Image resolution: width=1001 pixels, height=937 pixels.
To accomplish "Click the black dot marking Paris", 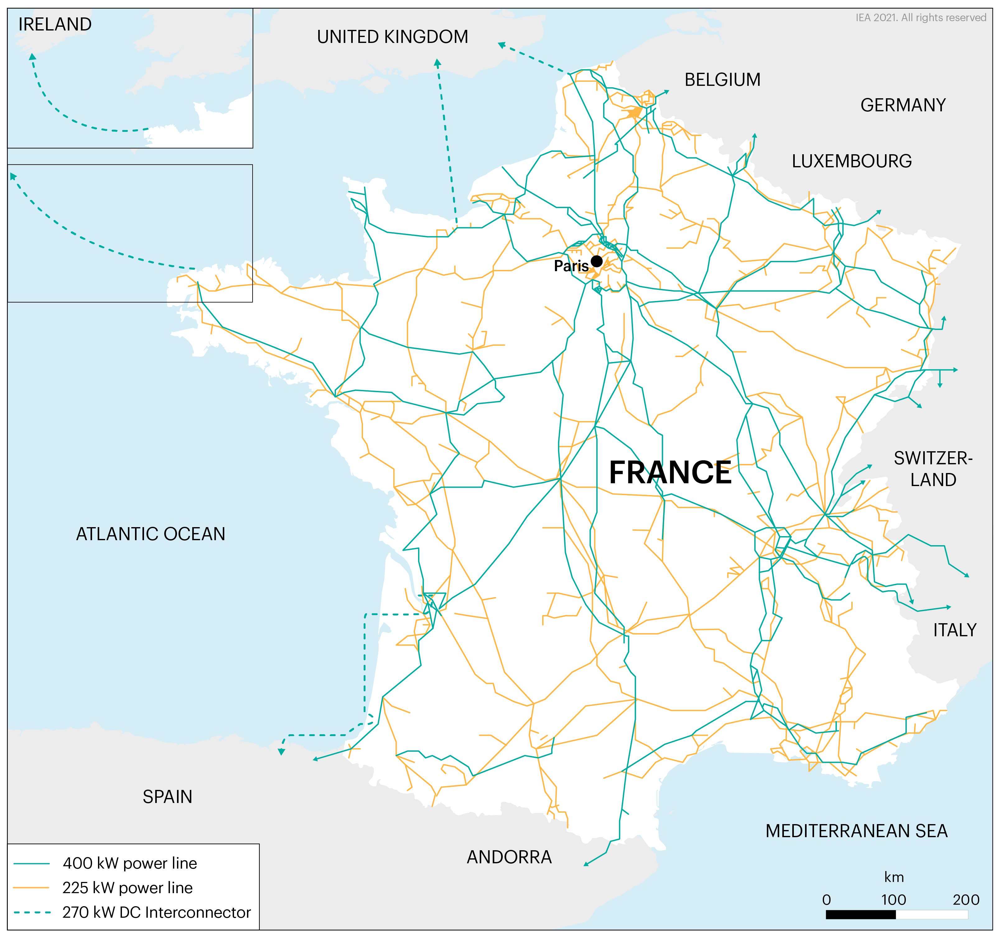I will [x=596, y=261].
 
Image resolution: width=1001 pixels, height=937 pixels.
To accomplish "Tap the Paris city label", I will [x=571, y=266].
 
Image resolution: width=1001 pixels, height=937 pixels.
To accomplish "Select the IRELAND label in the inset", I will [x=55, y=24].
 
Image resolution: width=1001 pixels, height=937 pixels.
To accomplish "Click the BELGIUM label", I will [x=722, y=80].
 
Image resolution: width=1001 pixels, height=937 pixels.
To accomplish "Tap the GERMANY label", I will [x=903, y=105].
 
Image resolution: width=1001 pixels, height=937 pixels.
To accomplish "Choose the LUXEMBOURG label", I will [x=851, y=161].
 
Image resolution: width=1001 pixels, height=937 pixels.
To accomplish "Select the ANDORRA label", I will [x=509, y=857].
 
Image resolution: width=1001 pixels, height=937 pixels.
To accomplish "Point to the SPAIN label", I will [x=167, y=796].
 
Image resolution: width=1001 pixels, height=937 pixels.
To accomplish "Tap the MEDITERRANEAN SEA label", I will [x=856, y=831].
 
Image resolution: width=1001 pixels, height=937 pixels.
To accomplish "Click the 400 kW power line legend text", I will [x=129, y=863].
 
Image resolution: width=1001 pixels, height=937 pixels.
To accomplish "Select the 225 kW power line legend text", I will [x=128, y=888].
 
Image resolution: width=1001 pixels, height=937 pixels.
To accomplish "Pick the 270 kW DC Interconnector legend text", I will [x=156, y=912].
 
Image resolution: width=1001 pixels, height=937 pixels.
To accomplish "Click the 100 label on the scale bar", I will [x=893, y=899].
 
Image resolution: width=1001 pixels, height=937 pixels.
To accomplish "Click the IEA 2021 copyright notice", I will [x=920, y=18].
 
